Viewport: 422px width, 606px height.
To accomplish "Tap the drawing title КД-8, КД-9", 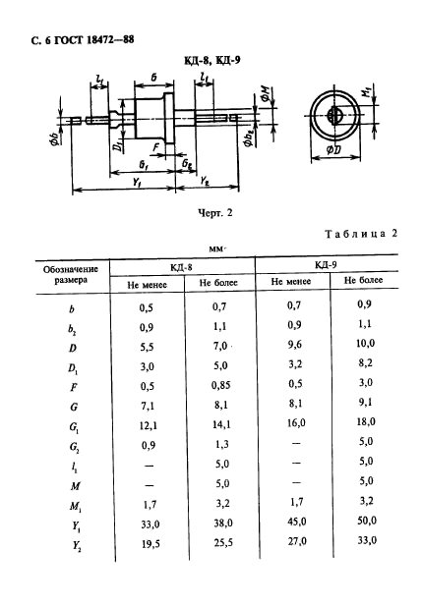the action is click(x=211, y=60).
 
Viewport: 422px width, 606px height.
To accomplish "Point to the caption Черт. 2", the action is click(x=214, y=212).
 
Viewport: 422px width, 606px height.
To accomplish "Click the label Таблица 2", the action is click(x=361, y=234).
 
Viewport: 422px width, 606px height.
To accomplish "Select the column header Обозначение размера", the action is click(x=71, y=275).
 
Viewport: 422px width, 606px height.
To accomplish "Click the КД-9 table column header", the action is click(x=326, y=265).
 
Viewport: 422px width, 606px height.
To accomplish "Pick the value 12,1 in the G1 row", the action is click(x=149, y=425).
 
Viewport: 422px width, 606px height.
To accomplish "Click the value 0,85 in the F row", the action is click(x=221, y=385).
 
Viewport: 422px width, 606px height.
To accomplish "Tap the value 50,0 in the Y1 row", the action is click(x=366, y=521).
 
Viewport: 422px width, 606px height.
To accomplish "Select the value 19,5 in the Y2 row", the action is click(x=149, y=544).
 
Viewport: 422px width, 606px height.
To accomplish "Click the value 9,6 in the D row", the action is click(x=295, y=344).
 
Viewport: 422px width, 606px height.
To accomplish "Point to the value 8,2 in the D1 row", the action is click(x=366, y=362).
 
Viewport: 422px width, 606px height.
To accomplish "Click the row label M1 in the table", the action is click(x=76, y=506).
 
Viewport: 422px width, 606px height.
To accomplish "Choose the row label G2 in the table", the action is click(x=75, y=447).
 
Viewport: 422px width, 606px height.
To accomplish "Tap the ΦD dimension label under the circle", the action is click(x=333, y=149).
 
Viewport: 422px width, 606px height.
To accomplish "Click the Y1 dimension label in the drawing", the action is click(x=137, y=182).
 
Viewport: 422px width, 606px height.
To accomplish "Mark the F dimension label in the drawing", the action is click(x=156, y=147).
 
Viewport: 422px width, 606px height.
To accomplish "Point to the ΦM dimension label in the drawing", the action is click(x=266, y=94).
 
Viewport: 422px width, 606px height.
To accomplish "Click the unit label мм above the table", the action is click(x=216, y=249).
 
